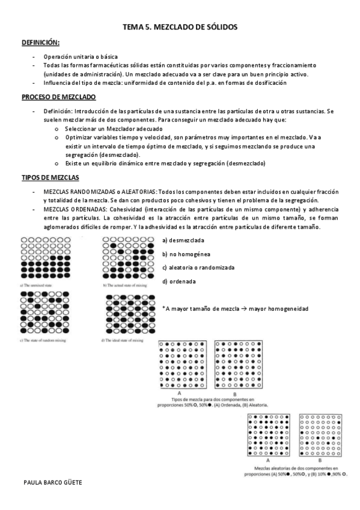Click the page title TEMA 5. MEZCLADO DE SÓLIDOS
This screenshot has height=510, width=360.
(180, 27)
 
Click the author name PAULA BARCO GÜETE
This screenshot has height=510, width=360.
(51, 482)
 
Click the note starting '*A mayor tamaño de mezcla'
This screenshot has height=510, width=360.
(235, 309)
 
